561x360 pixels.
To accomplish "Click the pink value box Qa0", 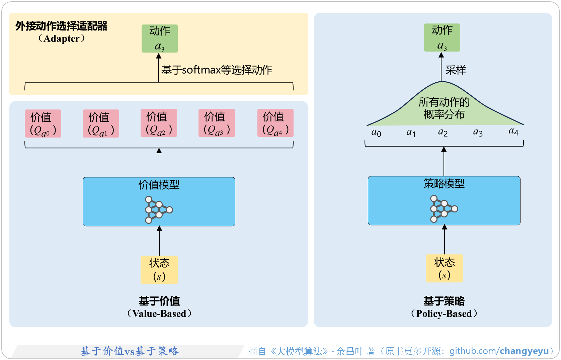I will tap(43, 123).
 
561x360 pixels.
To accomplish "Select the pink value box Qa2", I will tap(159, 123).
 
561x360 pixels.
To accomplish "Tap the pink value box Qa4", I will tap(275, 123).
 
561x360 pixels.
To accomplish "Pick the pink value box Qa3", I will tap(217, 123).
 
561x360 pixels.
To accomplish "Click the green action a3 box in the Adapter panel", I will tap(159, 38).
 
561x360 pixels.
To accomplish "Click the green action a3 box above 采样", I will tap(442, 37).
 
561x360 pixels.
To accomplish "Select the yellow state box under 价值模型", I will tap(159, 269).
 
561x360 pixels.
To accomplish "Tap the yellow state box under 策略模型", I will tap(444, 268).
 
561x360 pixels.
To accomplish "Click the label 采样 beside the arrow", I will tap(456, 70).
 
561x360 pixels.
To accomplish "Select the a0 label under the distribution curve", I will tap(376, 132).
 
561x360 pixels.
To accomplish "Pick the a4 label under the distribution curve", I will tap(513, 131).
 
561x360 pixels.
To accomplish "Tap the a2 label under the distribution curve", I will tap(443, 132).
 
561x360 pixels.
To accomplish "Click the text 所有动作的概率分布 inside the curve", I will tap(444, 108).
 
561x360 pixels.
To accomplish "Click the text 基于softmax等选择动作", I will tap(217, 70).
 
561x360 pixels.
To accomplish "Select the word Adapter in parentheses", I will tap(62, 39).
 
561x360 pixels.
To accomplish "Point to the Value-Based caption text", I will tap(159, 313).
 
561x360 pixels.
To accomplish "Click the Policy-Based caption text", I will tap(444, 313).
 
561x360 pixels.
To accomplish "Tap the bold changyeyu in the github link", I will tap(524, 351).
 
